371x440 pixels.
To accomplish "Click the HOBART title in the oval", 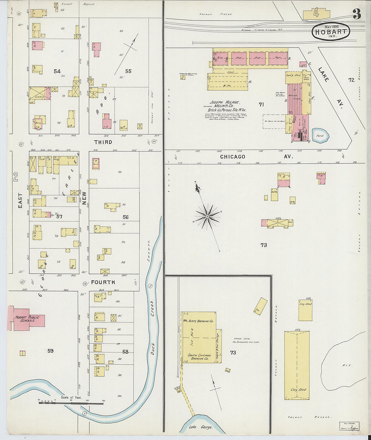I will coord(331,32).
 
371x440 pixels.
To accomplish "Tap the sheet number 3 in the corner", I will coord(356,14).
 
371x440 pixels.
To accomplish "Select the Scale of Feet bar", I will coord(71,402).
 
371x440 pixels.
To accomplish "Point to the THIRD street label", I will coord(103,142).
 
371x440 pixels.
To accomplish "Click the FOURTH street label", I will coord(103,282).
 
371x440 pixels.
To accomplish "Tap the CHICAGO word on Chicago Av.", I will coord(233,157).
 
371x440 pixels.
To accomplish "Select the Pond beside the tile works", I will coord(320,136).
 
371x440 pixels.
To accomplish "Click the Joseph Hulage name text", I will coord(224,102).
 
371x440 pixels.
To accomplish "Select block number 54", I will coord(57,71).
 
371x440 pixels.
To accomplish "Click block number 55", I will coord(128,71).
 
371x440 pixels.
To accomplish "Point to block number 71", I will coord(261,105).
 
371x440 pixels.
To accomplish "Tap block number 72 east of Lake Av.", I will coord(351,80).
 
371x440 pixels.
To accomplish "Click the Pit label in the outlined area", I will coord(344,365).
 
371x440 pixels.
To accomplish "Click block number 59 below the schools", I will coord(50,351).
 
